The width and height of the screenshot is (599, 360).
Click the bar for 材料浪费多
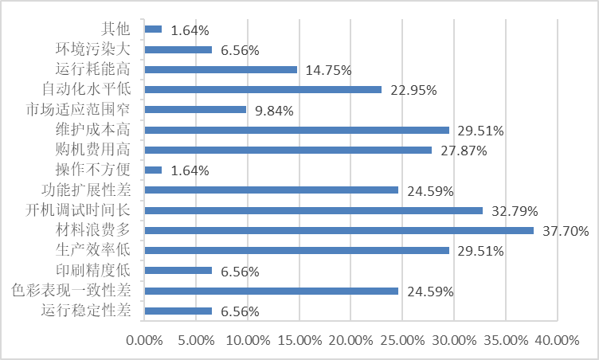339,230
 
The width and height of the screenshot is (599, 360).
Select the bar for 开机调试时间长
314,210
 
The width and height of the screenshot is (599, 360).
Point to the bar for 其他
154,29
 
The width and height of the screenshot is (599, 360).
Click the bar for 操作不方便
154,170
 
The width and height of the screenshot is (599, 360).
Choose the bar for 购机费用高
288,150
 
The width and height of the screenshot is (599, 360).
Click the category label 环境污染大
99,49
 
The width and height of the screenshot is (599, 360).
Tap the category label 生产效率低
99,250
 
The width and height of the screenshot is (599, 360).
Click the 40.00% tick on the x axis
557,340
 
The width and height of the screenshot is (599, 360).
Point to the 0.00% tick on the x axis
144,340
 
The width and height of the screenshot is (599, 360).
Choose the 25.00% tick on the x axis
402,340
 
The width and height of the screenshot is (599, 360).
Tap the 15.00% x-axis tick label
299,340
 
